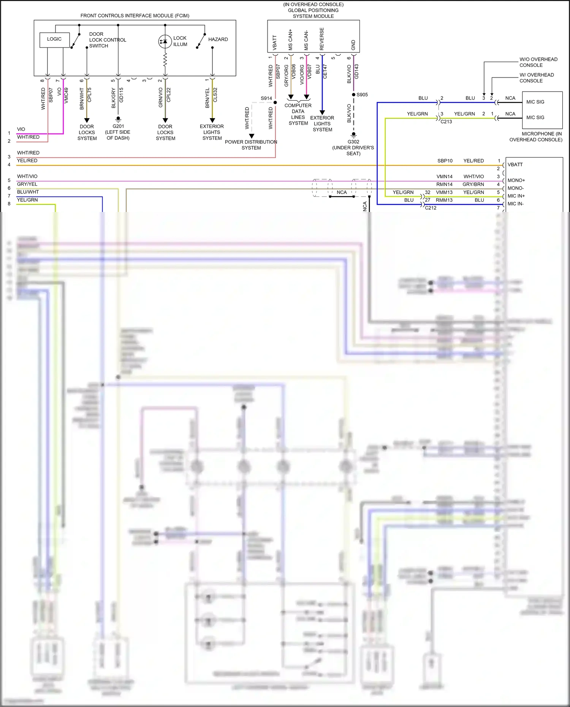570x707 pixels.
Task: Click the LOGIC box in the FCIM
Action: click(54, 40)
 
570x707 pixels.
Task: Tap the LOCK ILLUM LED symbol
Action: click(165, 41)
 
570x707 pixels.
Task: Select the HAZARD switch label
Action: click(218, 40)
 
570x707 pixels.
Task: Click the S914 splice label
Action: click(266, 98)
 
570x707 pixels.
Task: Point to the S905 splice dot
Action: click(354, 95)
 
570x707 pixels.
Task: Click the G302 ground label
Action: click(353, 142)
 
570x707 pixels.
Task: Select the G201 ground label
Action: click(118, 127)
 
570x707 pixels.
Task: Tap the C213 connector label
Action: click(446, 122)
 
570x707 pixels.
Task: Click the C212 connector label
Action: click(431, 208)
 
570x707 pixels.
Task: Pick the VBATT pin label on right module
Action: click(515, 165)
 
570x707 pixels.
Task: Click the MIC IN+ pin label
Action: click(516, 196)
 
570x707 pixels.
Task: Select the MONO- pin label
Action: click(515, 188)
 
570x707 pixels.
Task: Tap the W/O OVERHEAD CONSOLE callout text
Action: click(538, 62)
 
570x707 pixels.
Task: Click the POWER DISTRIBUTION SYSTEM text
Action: click(251, 145)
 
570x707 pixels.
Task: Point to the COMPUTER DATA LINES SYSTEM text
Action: click(298, 114)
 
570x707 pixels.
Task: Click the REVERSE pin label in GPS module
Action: click(322, 39)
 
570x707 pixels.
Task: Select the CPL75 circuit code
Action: click(90, 95)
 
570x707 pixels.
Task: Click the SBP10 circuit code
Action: click(445, 161)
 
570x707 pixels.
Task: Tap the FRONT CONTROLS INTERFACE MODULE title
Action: click(135, 16)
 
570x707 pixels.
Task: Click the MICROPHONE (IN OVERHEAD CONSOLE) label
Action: click(536, 137)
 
